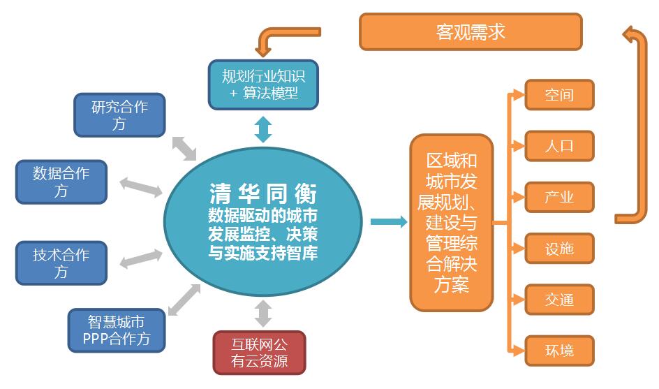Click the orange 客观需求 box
point(470,32)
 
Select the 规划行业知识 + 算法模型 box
point(263,84)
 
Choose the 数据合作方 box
point(61,182)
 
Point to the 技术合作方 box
point(61,263)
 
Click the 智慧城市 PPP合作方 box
point(118,330)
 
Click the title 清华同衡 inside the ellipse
point(262,193)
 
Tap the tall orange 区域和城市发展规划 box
point(451,222)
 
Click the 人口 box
point(558,146)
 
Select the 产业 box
point(558,197)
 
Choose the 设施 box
point(558,248)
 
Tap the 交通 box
point(558,300)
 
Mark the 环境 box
point(558,350)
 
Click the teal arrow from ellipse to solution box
point(388,222)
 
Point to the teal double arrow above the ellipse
point(263,129)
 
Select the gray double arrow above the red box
point(263,313)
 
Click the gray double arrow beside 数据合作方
point(140,186)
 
